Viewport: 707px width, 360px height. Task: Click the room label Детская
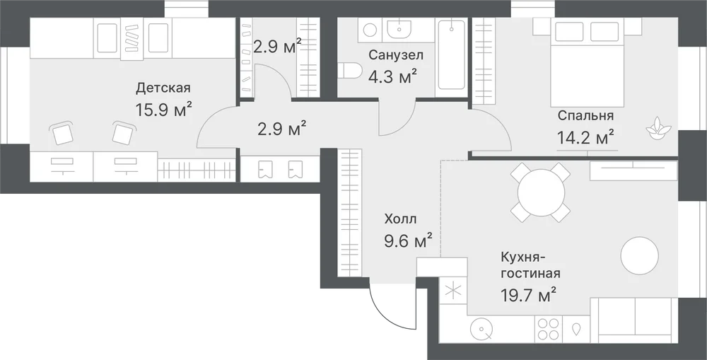[x=163, y=88]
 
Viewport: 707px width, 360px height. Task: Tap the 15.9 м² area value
[x=164, y=109]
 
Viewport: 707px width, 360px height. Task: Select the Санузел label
[x=396, y=55]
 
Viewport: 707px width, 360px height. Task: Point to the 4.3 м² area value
[x=392, y=76]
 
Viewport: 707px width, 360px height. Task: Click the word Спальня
[x=585, y=115]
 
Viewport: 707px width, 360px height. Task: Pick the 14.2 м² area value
[x=585, y=137]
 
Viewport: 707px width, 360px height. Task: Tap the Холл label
[x=400, y=219]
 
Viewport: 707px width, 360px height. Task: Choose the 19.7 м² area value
[x=528, y=295]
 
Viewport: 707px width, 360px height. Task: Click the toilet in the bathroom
[x=350, y=71]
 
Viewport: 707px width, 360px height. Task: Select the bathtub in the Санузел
[x=452, y=54]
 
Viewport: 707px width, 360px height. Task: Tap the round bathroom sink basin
[x=399, y=29]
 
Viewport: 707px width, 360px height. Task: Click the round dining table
[x=541, y=192]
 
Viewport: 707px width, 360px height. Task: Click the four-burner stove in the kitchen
[x=548, y=328]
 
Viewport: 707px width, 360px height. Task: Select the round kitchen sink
[x=481, y=330]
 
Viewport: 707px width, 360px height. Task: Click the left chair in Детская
[x=62, y=133]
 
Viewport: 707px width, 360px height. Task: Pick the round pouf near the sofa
[x=639, y=256]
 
